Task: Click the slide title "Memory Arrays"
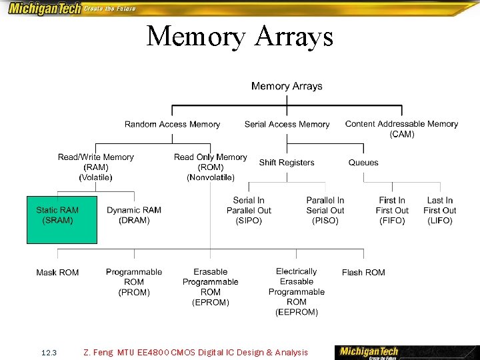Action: [x=239, y=36]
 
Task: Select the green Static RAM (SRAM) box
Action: [x=61, y=219]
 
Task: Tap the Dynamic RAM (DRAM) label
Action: [x=133, y=215]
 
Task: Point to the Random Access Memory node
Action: [x=172, y=125]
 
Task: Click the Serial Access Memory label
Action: [x=287, y=125]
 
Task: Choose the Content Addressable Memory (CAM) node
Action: [x=401, y=129]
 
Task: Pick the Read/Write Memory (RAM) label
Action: [x=95, y=167]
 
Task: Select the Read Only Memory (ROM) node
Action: [x=210, y=167]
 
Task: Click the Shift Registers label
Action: [x=287, y=163]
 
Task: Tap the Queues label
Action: [x=363, y=163]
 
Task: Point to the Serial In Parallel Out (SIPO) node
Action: [x=249, y=210]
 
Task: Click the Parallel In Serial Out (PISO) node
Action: [x=325, y=210]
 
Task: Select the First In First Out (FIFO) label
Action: [x=392, y=210]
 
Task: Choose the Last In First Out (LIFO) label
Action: [x=440, y=210]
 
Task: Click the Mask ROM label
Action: [x=57, y=273]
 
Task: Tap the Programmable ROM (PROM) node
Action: [x=133, y=282]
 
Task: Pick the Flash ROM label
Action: [x=363, y=273]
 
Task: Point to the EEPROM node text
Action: [x=297, y=291]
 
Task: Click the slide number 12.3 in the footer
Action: [x=49, y=352]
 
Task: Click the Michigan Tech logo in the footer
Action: [x=369, y=351]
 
